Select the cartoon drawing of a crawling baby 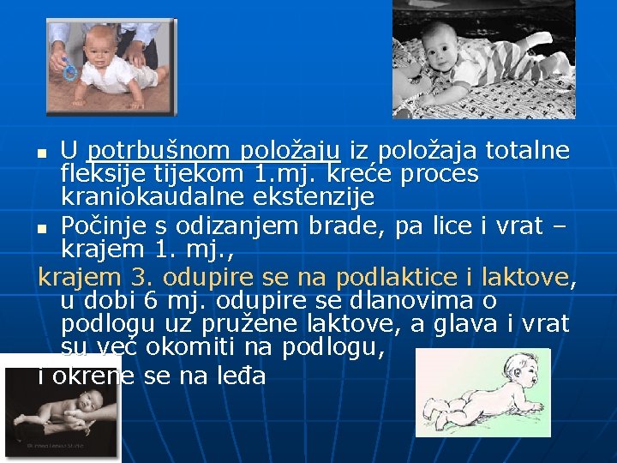482,393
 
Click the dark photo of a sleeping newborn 60,409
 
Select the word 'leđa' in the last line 242,375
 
